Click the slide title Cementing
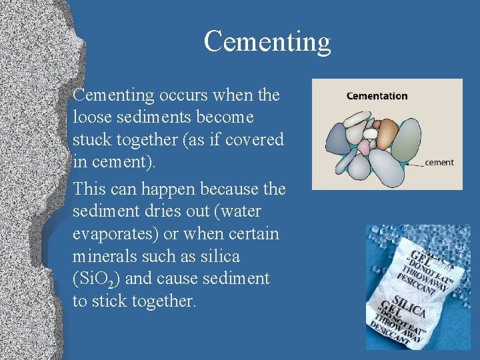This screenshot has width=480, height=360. pos(267,41)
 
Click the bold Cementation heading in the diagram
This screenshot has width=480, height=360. pos(377,96)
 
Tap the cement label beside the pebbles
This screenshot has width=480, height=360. pos(439,162)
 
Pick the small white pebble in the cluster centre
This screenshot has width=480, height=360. pos(370,133)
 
